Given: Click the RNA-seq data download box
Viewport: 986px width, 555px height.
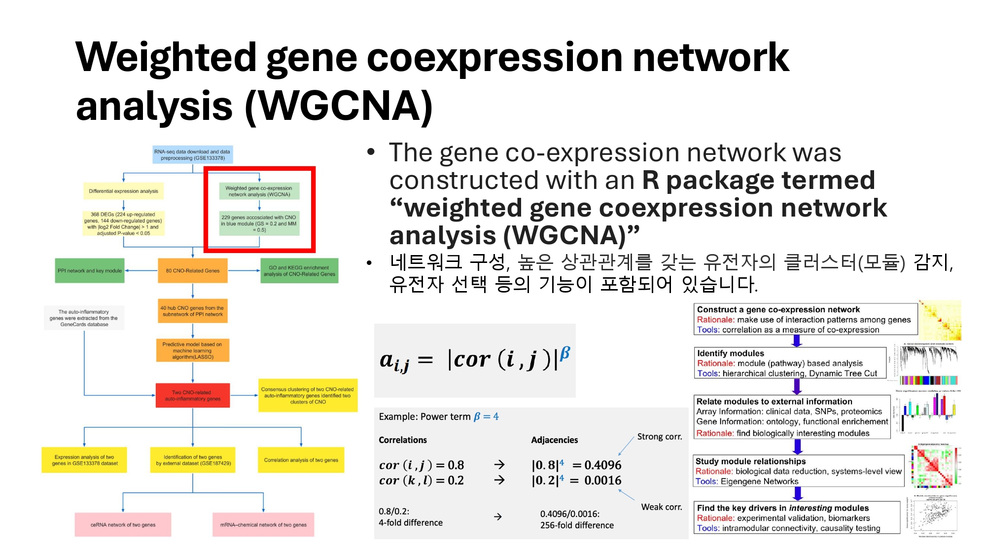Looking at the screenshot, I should (192, 155).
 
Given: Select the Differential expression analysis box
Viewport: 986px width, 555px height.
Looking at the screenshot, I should (123, 191).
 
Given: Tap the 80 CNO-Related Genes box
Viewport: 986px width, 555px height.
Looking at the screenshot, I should (193, 271).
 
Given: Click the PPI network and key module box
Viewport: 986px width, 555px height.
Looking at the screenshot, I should (90, 271).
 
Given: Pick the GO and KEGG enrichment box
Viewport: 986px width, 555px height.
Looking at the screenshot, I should (299, 271).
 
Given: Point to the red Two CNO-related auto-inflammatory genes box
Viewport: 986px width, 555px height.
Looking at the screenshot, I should (193, 396).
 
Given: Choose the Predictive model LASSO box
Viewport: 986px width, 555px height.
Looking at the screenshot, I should (193, 351).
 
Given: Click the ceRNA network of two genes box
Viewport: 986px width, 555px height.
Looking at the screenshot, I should (123, 525).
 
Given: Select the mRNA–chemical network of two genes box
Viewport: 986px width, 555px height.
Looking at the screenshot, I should (263, 525).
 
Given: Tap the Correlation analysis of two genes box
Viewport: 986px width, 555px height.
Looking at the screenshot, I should (301, 460).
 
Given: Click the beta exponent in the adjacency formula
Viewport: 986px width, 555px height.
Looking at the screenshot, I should (565, 352).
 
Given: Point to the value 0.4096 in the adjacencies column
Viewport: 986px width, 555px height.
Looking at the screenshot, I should (602, 465).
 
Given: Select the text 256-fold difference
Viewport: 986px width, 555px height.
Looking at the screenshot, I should (577, 525).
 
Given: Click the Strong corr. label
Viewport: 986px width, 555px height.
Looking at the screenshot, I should (659, 437).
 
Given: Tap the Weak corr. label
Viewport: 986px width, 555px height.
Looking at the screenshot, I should (661, 507).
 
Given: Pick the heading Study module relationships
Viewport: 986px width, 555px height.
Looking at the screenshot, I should (750, 461).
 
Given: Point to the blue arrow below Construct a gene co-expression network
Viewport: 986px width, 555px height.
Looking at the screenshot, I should (797, 341).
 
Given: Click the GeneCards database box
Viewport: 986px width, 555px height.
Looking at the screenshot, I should (84, 318).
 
